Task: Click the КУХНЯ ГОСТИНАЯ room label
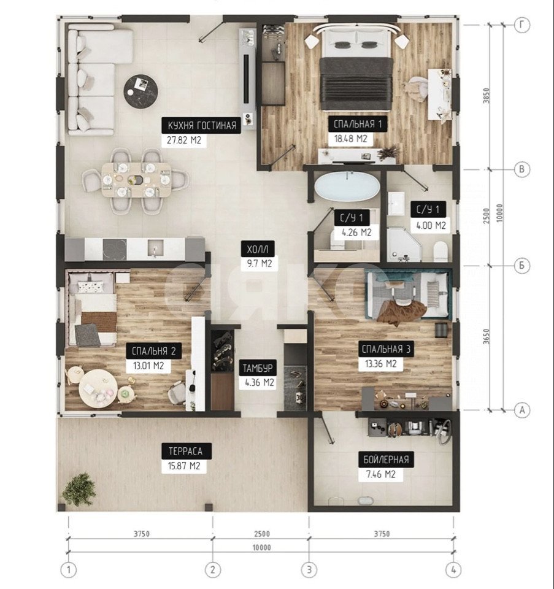202,125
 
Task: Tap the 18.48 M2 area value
351,139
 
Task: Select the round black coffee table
140,90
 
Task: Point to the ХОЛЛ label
258,248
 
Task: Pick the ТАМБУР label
258,368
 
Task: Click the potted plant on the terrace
79,490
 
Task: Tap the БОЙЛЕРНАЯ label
386,460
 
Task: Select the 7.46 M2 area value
381,474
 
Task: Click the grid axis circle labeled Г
521,25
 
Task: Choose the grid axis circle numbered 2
213,570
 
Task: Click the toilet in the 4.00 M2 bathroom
441,252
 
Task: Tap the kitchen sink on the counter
155,248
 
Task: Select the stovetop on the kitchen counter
115,249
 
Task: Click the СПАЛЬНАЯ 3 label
386,349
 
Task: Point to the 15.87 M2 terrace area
184,466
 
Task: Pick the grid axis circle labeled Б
521,266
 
